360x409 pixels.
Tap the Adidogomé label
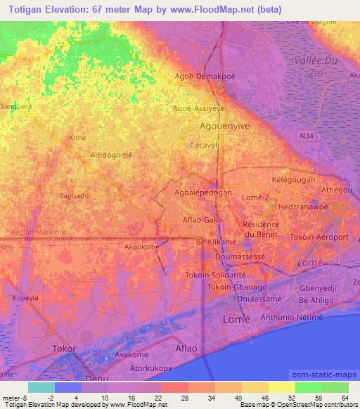[111, 154]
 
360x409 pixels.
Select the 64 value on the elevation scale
[344, 398]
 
